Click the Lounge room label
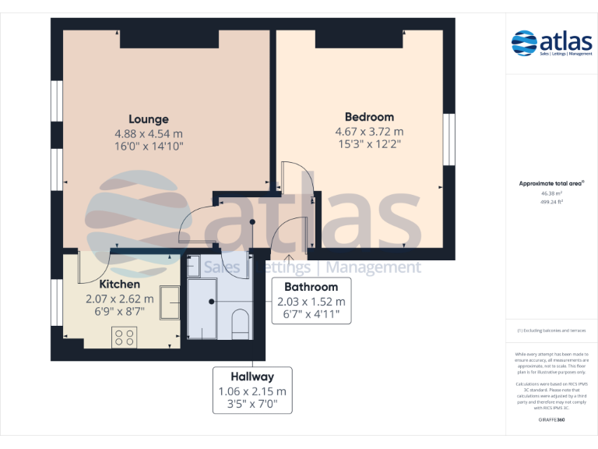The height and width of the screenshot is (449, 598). click(x=148, y=119)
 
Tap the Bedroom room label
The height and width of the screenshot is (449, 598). click(x=369, y=117)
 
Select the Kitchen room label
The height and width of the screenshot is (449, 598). click(x=119, y=285)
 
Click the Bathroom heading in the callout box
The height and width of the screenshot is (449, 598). click(x=311, y=287)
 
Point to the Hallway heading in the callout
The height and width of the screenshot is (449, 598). click(x=252, y=377)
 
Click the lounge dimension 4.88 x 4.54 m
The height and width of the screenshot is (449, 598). click(x=148, y=133)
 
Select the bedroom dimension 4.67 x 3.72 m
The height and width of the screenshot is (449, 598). click(x=369, y=131)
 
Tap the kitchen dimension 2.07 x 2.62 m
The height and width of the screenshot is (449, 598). click(x=119, y=299)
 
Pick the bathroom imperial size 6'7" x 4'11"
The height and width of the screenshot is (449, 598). click(x=311, y=316)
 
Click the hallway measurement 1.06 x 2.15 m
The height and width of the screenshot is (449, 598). click(x=252, y=391)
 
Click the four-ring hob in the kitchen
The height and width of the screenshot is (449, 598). click(x=124, y=337)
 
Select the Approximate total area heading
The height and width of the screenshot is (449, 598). click(x=551, y=183)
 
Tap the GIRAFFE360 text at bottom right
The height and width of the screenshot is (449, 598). click(x=551, y=419)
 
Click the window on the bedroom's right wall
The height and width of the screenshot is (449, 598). click(x=448, y=140)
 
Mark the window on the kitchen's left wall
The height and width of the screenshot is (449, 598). click(x=57, y=303)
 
